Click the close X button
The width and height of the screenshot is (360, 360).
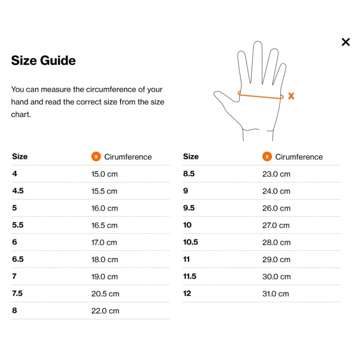click(346, 42)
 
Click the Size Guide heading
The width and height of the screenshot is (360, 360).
click(43, 60)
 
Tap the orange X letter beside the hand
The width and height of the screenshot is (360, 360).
click(291, 96)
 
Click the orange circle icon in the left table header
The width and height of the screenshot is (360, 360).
click(96, 157)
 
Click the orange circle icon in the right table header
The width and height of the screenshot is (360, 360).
click(267, 157)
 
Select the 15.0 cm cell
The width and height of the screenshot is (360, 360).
click(104, 174)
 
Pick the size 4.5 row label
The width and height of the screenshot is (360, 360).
click(18, 191)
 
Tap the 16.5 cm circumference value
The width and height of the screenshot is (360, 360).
click(104, 225)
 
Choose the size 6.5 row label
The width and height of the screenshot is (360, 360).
click(18, 259)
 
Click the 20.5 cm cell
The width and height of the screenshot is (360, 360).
click(105, 294)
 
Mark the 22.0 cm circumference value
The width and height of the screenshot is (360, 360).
click(105, 311)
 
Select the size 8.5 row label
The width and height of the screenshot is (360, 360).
click(189, 174)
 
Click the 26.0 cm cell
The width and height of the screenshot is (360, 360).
click(276, 208)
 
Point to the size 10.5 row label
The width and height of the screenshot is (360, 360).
click(190, 242)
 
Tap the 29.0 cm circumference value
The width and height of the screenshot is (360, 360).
click(276, 260)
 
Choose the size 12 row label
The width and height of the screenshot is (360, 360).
click(187, 293)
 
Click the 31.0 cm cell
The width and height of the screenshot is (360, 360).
click(276, 294)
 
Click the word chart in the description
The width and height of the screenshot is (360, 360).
click(20, 114)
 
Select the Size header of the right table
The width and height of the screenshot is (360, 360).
click(191, 156)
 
